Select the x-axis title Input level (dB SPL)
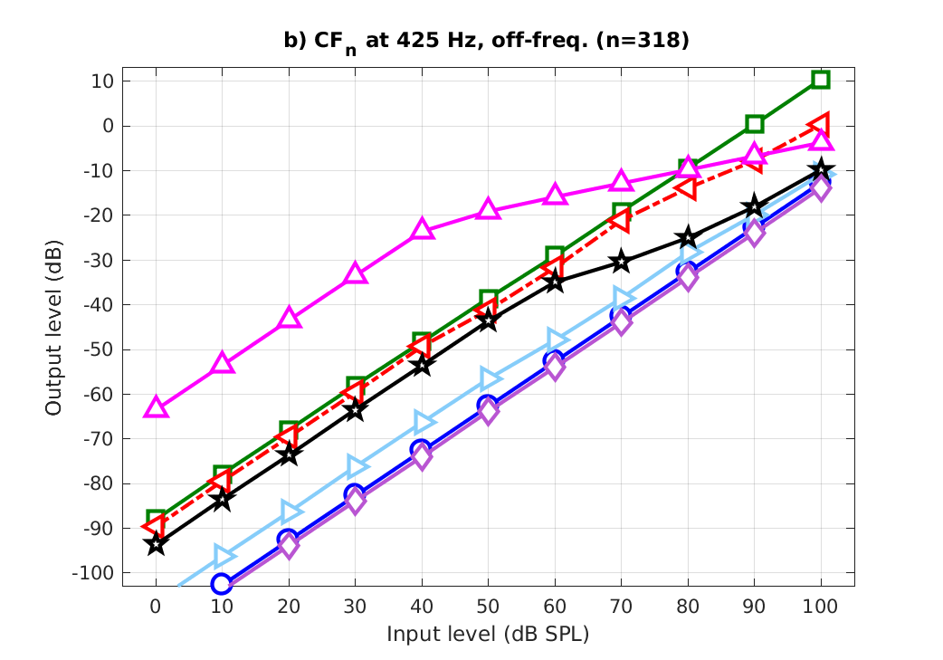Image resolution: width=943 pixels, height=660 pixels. [x=488, y=634]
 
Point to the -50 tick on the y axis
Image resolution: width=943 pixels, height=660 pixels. [x=99, y=349]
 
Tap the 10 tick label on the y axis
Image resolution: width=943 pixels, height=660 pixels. [x=102, y=81]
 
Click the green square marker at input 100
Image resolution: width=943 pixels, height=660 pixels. [x=821, y=79]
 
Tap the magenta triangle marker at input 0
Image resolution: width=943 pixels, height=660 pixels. [x=156, y=407]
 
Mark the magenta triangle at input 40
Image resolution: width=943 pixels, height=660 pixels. [x=422, y=229]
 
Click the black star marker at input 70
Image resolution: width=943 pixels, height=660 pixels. [x=621, y=262]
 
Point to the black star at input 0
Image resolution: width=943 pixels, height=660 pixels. [x=156, y=544]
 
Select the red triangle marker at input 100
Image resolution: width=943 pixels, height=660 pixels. [x=819, y=124]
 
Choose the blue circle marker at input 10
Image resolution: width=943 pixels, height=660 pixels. [x=222, y=583]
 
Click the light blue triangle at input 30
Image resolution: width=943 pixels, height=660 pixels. [x=357, y=466]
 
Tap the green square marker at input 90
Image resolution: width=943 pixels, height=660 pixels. [x=755, y=124]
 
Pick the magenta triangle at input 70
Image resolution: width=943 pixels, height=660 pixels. [x=621, y=180]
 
